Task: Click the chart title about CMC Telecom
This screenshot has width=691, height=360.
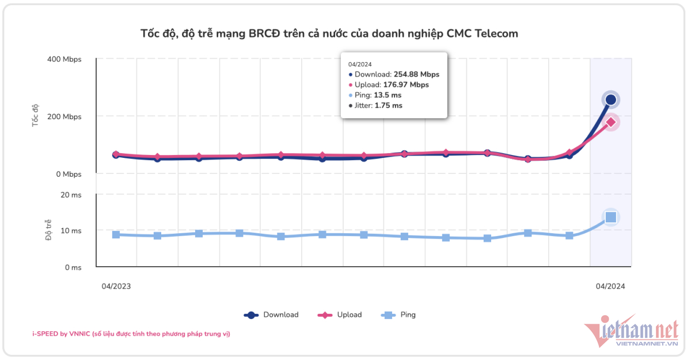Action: (x=329, y=33)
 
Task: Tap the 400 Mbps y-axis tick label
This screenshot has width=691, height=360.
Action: (x=64, y=59)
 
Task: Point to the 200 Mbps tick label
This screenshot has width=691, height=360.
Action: (x=64, y=117)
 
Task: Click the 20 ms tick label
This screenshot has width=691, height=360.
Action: (x=71, y=195)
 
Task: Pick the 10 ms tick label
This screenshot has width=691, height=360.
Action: (x=71, y=231)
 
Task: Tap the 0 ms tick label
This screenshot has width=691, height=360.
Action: (x=73, y=267)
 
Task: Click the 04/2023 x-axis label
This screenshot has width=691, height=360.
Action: (x=116, y=286)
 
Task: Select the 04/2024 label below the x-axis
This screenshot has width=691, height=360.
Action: (x=610, y=286)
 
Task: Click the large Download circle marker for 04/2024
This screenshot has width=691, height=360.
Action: (x=610, y=100)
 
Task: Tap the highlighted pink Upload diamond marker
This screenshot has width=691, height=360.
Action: (x=610, y=122)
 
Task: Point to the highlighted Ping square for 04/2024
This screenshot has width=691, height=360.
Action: (x=611, y=217)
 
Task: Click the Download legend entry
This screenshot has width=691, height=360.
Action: (x=272, y=315)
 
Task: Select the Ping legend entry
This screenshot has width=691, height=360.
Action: (x=398, y=315)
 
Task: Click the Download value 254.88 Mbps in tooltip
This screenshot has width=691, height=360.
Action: (x=416, y=74)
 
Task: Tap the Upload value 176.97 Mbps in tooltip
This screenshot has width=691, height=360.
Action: (x=406, y=85)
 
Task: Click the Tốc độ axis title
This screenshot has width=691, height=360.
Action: (x=36, y=115)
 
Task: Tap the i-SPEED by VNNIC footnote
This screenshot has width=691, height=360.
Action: (x=131, y=334)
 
